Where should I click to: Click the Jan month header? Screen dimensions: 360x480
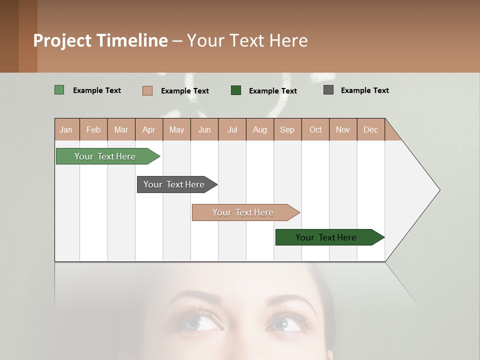point(66,129)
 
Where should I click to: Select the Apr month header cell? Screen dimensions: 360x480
point(149,129)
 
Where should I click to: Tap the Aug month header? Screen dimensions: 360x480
point(260,129)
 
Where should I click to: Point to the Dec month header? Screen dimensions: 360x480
point(370,129)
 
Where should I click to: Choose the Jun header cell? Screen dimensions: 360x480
point(204,129)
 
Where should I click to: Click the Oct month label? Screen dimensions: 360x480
point(315,129)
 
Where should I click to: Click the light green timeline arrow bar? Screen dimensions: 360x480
point(105,156)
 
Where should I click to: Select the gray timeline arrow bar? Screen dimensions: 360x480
point(174,184)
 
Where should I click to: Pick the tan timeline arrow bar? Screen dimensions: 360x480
point(243,212)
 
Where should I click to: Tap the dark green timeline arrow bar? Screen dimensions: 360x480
point(326,237)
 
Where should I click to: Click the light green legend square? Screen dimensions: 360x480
point(59,90)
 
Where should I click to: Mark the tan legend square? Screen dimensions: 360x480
point(147,90)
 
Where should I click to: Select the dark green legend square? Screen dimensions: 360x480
point(236,90)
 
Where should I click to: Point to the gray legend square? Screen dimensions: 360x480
point(328,90)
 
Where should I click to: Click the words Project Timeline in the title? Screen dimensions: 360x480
point(100,40)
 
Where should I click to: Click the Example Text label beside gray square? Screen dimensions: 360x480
point(364,90)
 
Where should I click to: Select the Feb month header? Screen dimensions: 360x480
point(93,129)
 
